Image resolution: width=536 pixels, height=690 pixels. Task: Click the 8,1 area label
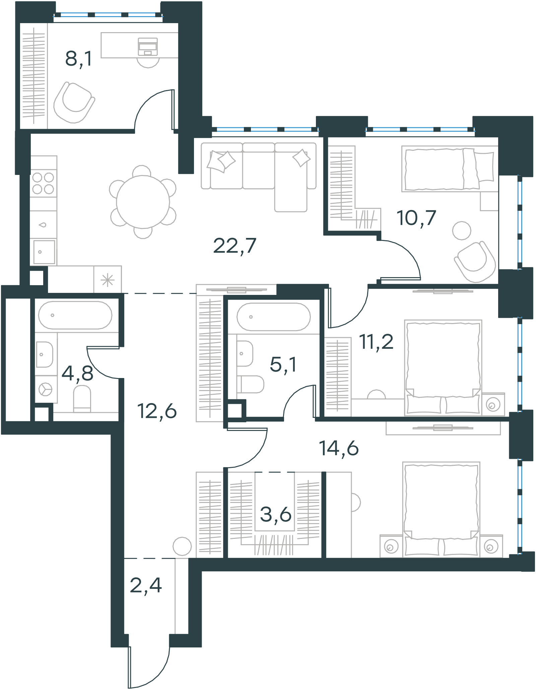[78, 59]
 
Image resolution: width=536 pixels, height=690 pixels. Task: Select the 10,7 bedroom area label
[416, 218]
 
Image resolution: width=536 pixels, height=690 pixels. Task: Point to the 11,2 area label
[376, 342]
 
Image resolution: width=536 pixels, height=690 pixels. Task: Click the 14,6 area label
[339, 448]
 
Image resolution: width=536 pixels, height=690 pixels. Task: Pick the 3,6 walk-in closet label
[276, 514]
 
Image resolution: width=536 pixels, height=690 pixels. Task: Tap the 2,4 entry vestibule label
[146, 585]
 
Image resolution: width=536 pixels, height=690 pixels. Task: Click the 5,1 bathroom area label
[283, 365]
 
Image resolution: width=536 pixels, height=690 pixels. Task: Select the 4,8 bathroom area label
[77, 373]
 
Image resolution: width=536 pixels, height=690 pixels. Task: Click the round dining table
[143, 202]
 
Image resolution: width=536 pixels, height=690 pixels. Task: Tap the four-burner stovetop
[43, 183]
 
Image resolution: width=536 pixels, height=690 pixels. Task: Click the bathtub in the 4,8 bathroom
[75, 315]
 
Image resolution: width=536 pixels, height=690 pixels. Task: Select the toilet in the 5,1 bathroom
[250, 384]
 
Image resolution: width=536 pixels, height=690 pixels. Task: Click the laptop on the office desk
[148, 46]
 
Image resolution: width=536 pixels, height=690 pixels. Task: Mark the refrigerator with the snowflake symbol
[108, 280]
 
